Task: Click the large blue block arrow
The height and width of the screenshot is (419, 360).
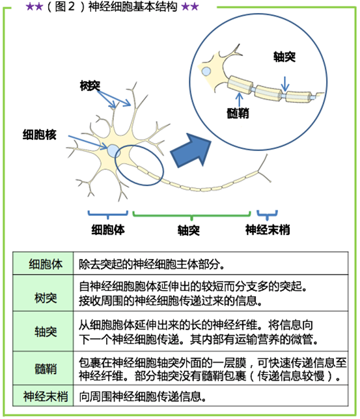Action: [x=191, y=151]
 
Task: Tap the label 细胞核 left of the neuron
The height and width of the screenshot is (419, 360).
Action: [x=39, y=135]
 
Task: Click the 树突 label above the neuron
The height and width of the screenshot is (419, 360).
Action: [x=90, y=85]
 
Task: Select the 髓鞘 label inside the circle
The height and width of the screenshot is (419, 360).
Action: [x=238, y=113]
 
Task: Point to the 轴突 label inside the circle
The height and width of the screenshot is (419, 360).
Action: [x=284, y=57]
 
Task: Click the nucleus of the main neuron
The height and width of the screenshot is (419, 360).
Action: [x=113, y=151]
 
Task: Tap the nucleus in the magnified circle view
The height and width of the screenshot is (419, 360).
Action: [x=206, y=72]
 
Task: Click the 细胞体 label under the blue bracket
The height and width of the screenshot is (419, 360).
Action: [x=108, y=230]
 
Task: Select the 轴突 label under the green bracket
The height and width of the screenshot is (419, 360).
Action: [x=189, y=230]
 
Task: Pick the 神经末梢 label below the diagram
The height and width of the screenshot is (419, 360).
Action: [x=268, y=230]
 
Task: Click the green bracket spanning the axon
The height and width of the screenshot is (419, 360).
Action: [x=191, y=215]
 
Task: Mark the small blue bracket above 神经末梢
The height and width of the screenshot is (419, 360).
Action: [x=267, y=215]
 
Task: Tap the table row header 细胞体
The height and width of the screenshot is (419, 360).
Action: [x=46, y=264]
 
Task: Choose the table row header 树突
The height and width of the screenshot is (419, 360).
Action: [x=46, y=298]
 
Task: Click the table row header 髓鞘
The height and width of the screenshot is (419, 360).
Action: [x=46, y=369]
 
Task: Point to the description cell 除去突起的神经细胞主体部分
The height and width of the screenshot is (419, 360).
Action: [x=152, y=264]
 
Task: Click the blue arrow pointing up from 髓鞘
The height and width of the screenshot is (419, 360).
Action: [x=239, y=100]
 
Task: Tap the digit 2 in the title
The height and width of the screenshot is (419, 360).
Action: [x=72, y=7]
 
